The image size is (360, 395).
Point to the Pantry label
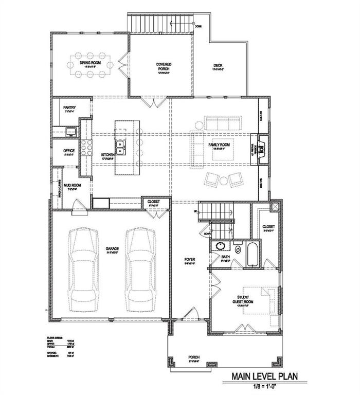coord(69,107)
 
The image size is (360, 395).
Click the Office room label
coord(69,151)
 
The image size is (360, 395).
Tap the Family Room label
coord(219,146)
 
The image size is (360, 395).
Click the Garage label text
coord(113,249)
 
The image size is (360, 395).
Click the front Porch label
coord(194,357)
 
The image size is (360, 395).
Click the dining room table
coord(92,65)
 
